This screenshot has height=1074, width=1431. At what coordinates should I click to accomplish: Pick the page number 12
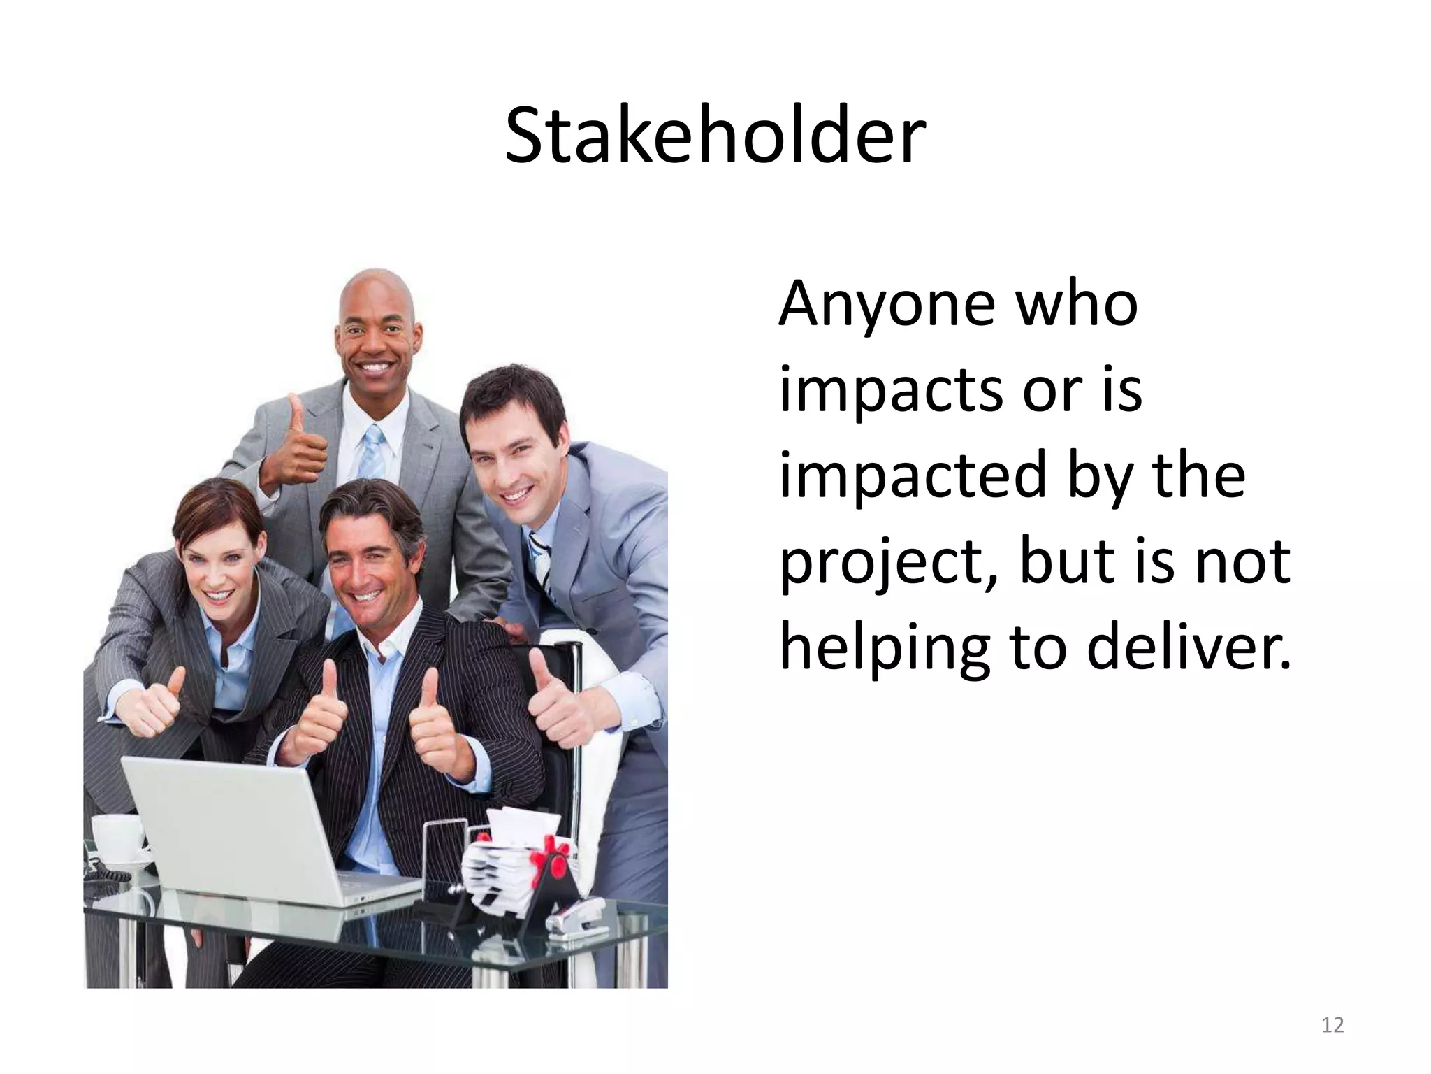click(x=1332, y=1025)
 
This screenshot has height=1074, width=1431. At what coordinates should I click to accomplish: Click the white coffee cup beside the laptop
click(x=115, y=839)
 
